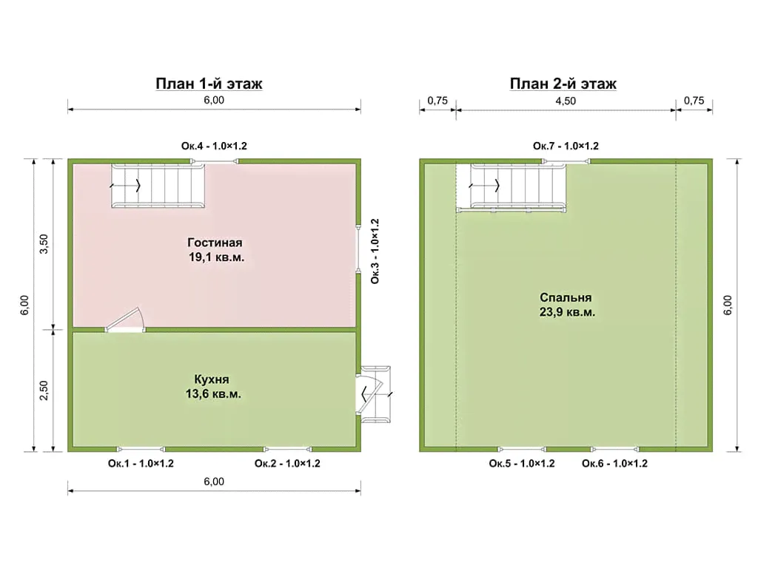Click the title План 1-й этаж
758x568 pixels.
209,84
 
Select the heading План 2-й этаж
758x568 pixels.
563,84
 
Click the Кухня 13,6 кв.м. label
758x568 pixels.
212,386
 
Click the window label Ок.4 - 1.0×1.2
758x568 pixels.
214,146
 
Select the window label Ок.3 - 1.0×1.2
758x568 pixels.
375,251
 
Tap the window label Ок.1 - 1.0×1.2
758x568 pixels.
141,464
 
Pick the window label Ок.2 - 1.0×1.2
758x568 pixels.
287,464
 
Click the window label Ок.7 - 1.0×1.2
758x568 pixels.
566,146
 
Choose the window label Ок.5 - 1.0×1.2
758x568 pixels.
522,464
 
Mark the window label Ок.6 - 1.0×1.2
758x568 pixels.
614,464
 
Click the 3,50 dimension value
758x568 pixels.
44,244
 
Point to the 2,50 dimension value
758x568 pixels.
44,390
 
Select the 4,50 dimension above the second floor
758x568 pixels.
566,101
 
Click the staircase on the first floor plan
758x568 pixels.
158,186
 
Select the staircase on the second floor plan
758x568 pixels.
512,187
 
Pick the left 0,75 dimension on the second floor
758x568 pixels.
437,101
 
